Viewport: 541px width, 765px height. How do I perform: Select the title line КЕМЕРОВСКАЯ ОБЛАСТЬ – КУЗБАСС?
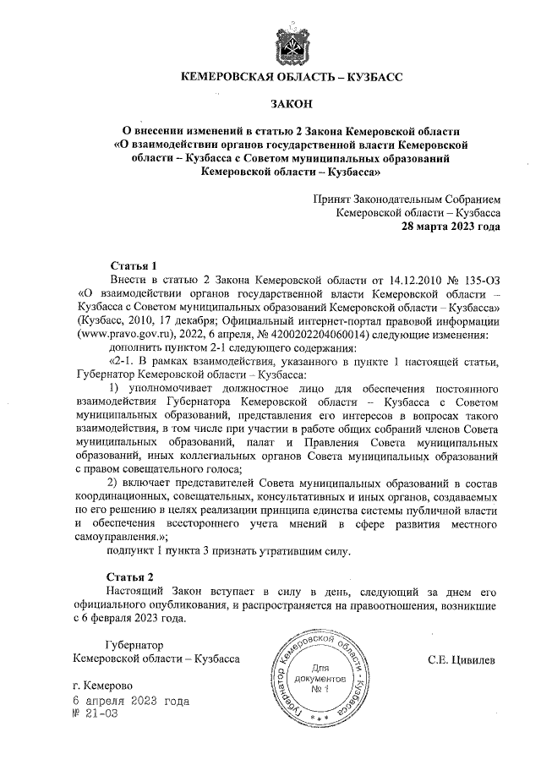tap(292, 77)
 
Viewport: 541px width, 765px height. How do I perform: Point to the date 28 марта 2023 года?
tap(450, 227)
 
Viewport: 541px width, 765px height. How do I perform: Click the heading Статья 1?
tap(134, 265)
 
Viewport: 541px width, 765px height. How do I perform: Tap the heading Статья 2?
tap(134, 576)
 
